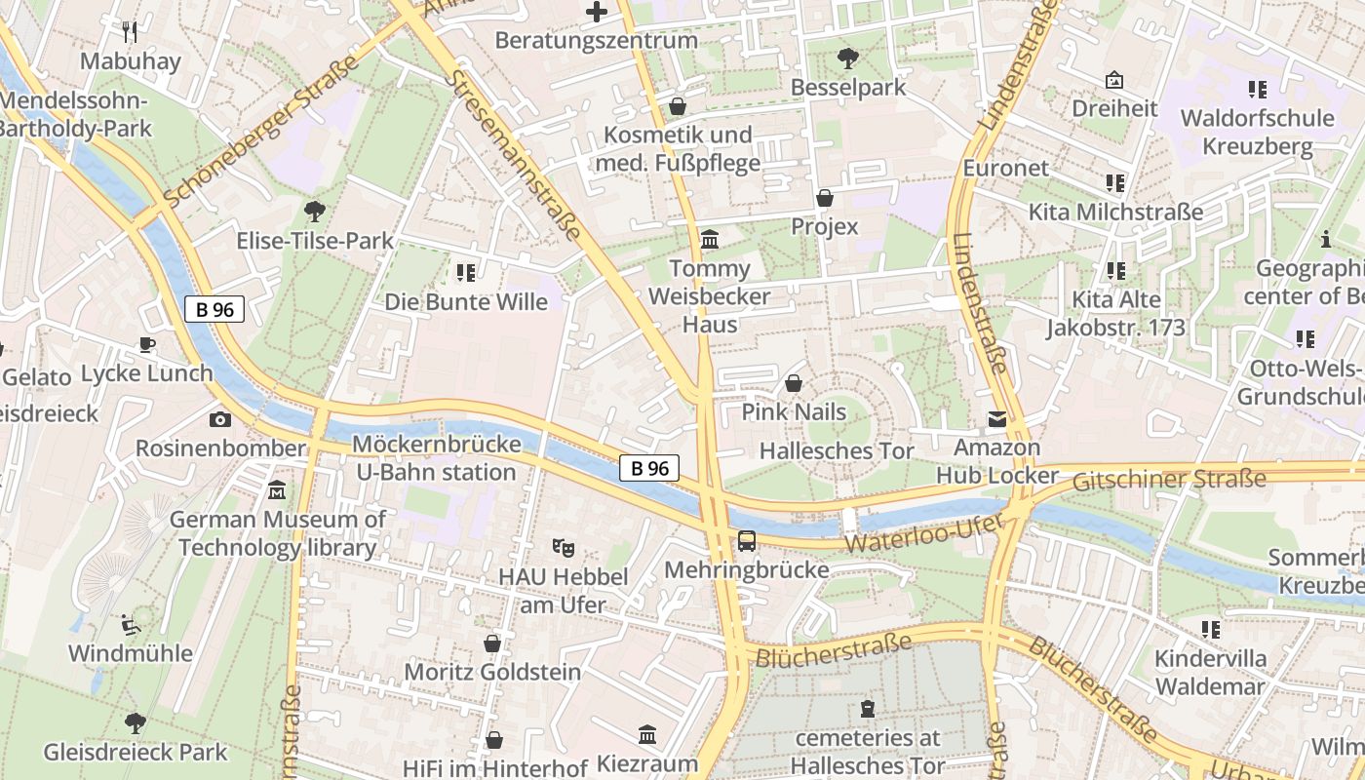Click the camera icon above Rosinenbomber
coord(220,419)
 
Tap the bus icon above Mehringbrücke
coord(746,540)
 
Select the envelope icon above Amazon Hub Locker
coord(996,419)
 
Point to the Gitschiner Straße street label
coord(1169,479)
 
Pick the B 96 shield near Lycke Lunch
coord(214,309)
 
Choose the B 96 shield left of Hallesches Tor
coord(649,468)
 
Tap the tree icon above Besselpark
coord(847,58)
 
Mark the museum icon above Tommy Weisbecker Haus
coord(710,239)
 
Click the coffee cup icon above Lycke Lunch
coord(146,344)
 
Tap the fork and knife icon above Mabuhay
coord(130,31)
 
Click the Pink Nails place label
coord(794,411)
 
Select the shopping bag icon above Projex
coord(825,198)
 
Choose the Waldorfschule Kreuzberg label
coord(1257,133)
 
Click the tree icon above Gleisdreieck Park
coord(135,722)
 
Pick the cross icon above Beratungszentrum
coord(596,12)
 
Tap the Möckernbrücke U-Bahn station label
coord(436,458)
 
